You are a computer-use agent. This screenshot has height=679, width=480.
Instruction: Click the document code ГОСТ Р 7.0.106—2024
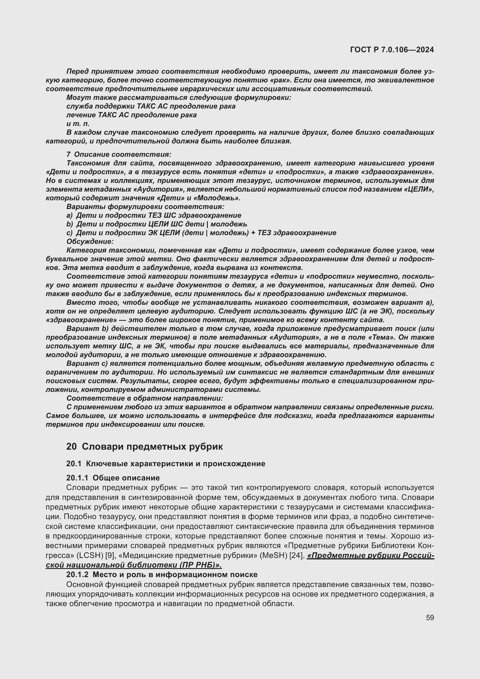tap(392, 50)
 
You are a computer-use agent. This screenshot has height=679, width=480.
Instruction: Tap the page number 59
tap(430, 617)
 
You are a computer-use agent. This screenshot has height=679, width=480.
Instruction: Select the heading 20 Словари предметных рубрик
tap(145, 446)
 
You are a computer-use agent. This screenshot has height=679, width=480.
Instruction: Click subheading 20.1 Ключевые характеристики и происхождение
tap(165, 464)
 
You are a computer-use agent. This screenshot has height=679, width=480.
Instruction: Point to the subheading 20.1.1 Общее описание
tap(113, 478)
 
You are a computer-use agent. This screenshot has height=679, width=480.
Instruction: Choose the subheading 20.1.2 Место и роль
tap(162, 574)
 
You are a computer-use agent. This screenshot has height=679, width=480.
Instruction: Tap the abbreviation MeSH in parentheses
tap(274, 556)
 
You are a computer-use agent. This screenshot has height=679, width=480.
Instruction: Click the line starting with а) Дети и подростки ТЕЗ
tap(154, 215)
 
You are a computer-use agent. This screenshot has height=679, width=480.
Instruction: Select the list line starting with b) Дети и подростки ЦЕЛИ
tap(157, 224)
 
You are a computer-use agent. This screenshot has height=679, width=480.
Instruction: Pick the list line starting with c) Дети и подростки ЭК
tap(201, 233)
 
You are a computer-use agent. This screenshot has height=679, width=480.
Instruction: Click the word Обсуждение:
tap(90, 242)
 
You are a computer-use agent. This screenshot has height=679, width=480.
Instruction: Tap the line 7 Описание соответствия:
tap(119, 154)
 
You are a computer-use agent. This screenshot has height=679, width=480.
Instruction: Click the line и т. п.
tap(78, 124)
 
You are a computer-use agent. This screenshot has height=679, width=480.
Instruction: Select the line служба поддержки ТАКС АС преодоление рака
tap(151, 106)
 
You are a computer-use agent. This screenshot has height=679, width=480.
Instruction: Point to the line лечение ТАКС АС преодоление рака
tap(131, 115)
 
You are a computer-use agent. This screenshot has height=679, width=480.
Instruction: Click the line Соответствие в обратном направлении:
tap(145, 398)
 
